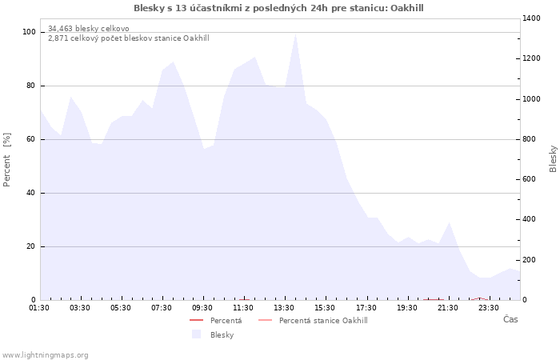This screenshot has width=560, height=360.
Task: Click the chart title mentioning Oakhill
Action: coord(278,8)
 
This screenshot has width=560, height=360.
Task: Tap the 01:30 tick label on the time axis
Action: coord(39,308)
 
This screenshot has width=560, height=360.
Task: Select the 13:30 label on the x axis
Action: coord(284,308)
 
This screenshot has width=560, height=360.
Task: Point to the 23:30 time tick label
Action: coord(488,308)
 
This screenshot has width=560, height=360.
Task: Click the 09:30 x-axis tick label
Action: coord(202,308)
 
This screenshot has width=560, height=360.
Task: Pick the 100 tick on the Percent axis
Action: coord(29,32)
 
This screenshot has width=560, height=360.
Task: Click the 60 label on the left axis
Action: coord(31,139)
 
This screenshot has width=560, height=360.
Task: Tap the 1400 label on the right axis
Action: coord(531,18)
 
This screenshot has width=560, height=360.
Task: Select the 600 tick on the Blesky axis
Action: coord(530,179)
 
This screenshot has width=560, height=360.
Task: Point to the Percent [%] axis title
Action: coord(6,160)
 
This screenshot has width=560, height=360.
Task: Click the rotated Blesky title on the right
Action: coord(553,159)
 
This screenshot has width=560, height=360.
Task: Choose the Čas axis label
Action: coord(510,319)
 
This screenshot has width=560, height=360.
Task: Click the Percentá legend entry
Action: coord(216,321)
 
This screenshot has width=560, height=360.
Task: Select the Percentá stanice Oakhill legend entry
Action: coord(313,321)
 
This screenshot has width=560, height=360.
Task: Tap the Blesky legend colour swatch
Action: coord(197,334)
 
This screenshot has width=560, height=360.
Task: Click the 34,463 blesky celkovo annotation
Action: coord(89,29)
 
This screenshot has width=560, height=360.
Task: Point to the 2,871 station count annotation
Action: coord(129,38)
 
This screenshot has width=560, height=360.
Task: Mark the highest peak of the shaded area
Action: coord(295,34)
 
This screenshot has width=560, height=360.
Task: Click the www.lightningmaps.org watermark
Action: coord(44,355)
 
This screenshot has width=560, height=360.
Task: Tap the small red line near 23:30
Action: coord(480,299)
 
